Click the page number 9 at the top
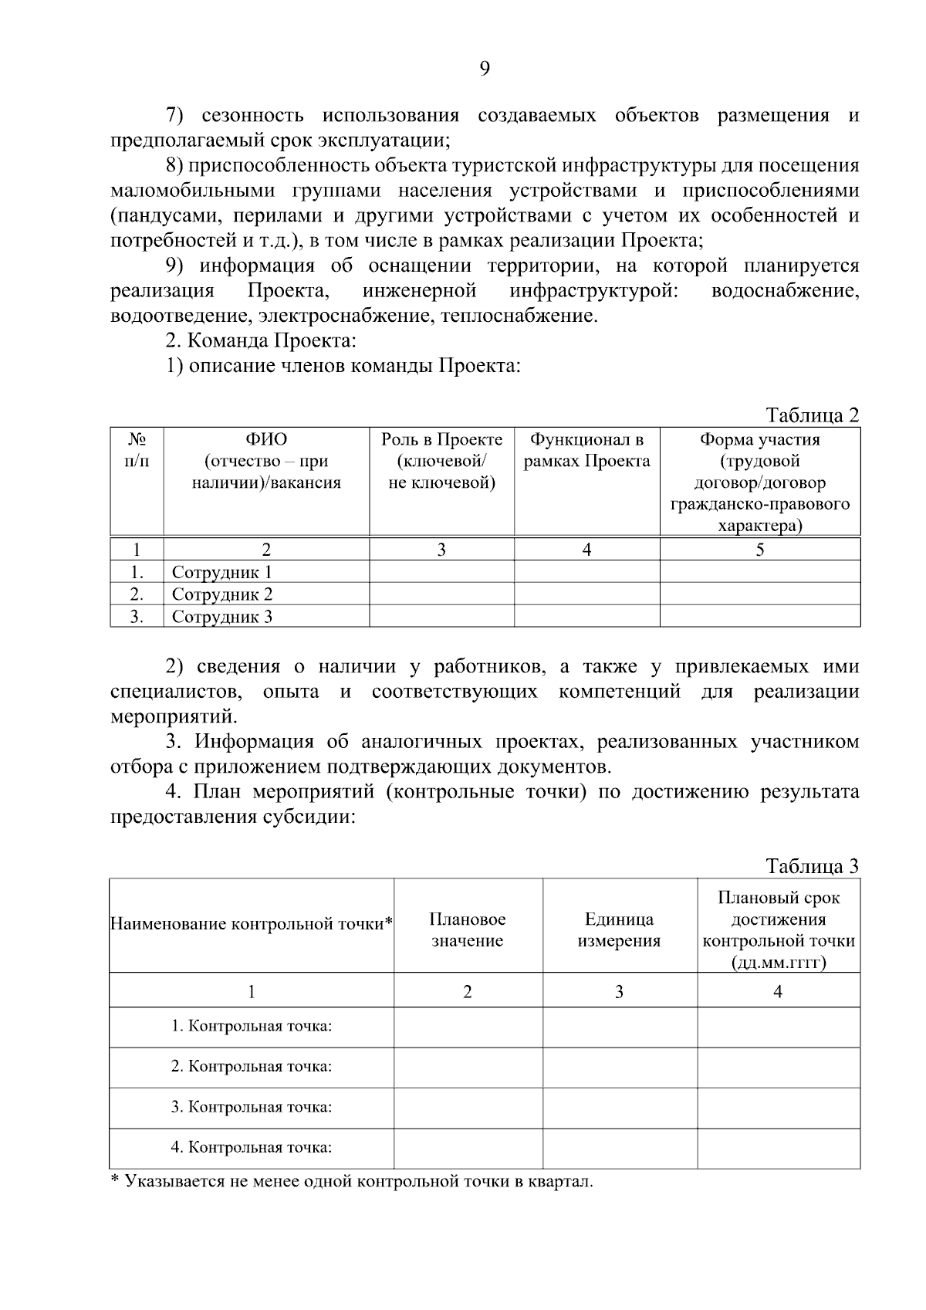(x=484, y=69)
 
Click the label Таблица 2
(x=812, y=415)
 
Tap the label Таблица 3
(x=812, y=866)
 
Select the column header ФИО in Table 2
(x=266, y=440)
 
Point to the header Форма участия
(x=759, y=440)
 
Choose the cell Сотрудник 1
(x=221, y=573)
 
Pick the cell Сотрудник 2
(x=221, y=594)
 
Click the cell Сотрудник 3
(x=221, y=617)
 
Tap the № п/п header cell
(x=137, y=450)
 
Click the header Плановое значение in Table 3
(x=468, y=930)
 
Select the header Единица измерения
(x=619, y=930)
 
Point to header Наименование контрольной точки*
(x=252, y=924)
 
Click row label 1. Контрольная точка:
(x=252, y=1027)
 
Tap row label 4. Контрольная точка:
(x=252, y=1147)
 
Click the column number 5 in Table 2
(x=760, y=550)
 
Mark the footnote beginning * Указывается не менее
(x=352, y=1182)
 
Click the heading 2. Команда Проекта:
(x=261, y=340)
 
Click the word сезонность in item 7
(x=252, y=116)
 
